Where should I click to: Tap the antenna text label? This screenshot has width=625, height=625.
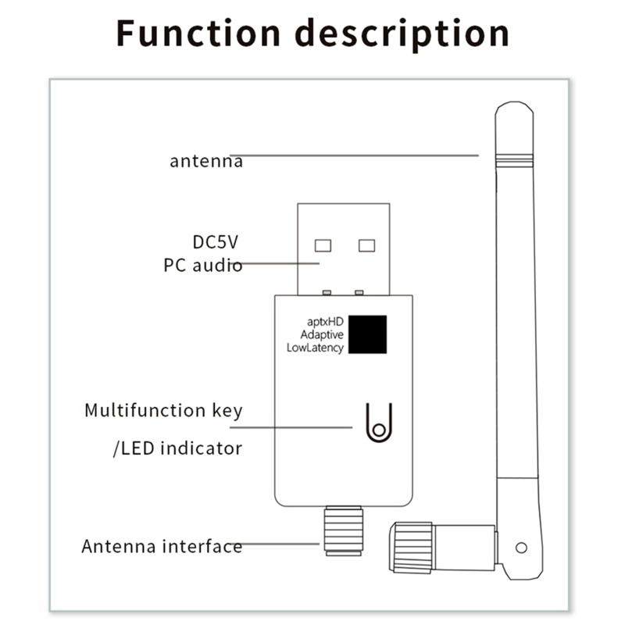(x=206, y=162)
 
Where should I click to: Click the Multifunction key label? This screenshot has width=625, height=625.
(x=163, y=410)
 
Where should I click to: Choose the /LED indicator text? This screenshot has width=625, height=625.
(x=178, y=448)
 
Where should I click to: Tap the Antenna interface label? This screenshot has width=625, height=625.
(x=162, y=546)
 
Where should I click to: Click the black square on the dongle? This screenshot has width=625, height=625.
(x=368, y=334)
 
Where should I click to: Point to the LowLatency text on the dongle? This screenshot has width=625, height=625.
(x=315, y=348)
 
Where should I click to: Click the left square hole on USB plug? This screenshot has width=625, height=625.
(x=323, y=245)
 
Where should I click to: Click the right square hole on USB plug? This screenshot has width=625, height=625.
(x=366, y=245)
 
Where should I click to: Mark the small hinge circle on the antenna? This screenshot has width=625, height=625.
(x=521, y=548)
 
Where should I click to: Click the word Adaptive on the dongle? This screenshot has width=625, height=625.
(x=322, y=334)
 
